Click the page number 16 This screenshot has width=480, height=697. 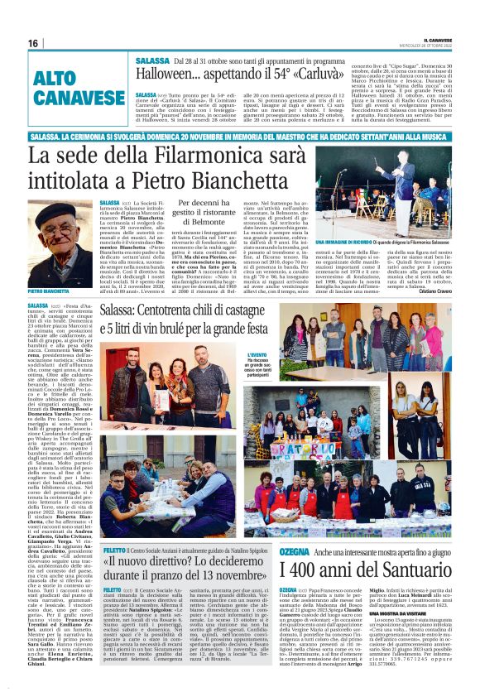coord(33,43)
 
